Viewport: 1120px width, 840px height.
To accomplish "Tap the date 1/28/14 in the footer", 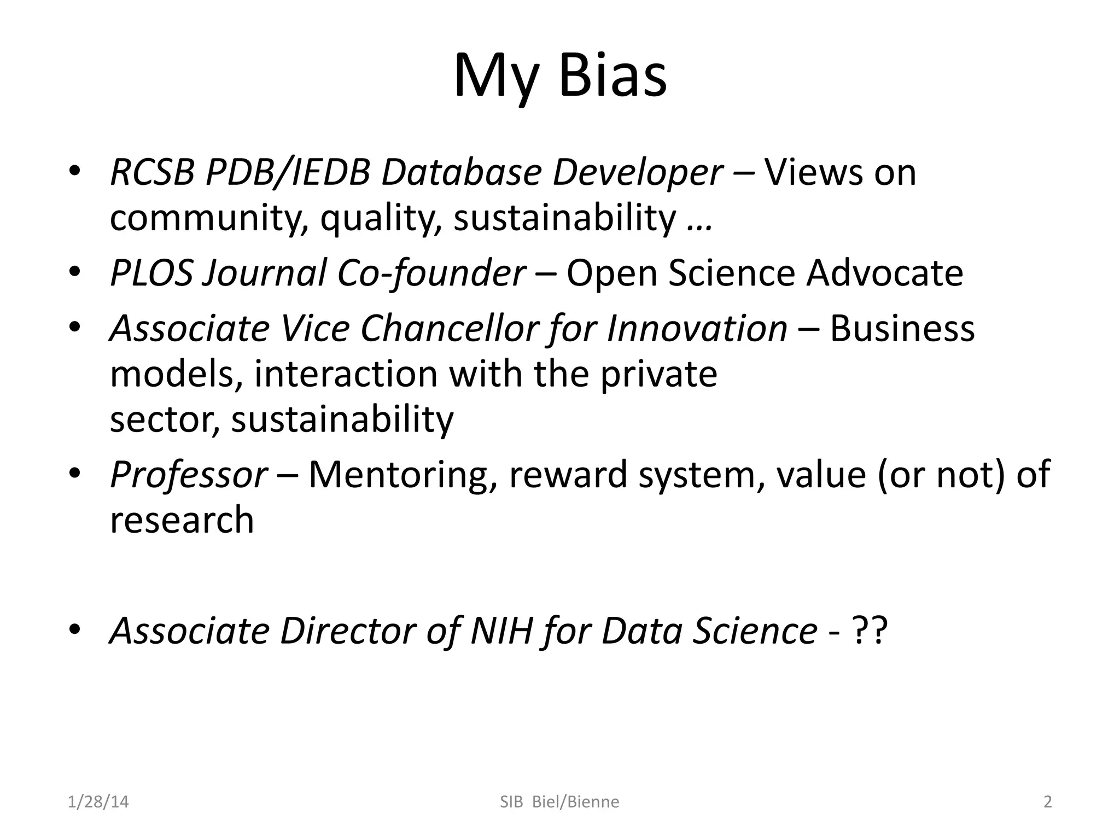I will (98, 802).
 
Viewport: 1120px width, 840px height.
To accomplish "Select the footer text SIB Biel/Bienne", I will (559, 802).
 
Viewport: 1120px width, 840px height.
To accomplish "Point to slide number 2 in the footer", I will (1047, 802).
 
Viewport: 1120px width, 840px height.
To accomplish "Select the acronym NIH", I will (501, 631).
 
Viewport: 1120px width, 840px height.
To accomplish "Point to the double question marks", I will (869, 631).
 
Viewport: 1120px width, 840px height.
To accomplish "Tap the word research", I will (182, 520).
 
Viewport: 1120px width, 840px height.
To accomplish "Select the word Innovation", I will (697, 329).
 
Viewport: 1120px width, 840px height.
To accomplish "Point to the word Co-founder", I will (431, 273).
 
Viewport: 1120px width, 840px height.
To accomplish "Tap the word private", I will (658, 374).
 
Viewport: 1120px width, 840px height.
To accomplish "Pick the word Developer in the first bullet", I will (638, 173).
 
